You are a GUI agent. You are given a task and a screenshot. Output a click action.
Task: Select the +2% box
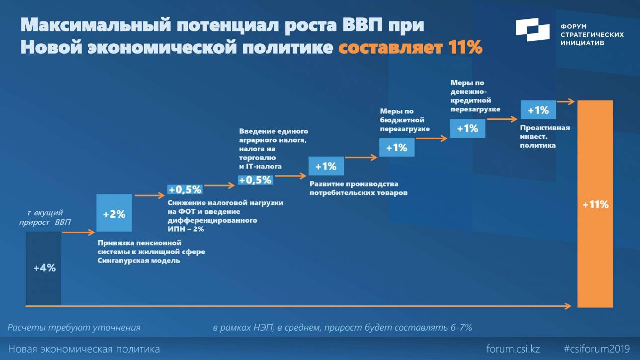pyautogui.click(x=114, y=213)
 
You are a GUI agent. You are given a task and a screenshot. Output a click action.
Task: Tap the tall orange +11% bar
pyautogui.click(x=595, y=204)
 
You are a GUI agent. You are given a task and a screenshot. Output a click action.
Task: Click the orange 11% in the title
pyautogui.click(x=465, y=47)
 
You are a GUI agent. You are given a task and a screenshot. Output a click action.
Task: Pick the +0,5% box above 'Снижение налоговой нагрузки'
pyautogui.click(x=185, y=189)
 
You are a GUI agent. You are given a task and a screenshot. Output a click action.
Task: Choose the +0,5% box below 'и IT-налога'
pyautogui.click(x=255, y=180)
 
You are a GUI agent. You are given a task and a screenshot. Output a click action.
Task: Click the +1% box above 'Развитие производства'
pyautogui.click(x=326, y=166)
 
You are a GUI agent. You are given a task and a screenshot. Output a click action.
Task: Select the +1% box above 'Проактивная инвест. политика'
pyautogui.click(x=538, y=110)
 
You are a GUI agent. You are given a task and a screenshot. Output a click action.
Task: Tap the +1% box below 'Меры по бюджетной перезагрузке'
pyautogui.click(x=397, y=147)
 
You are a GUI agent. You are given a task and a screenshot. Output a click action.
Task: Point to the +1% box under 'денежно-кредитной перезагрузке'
pyautogui.click(x=468, y=128)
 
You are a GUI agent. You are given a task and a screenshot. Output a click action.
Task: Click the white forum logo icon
pyautogui.click(x=533, y=29)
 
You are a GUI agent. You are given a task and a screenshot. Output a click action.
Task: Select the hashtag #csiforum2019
pyautogui.click(x=597, y=349)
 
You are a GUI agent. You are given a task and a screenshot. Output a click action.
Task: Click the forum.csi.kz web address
pyautogui.click(x=513, y=349)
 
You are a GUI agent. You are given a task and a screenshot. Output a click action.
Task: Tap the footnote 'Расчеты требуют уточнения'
pyautogui.click(x=74, y=328)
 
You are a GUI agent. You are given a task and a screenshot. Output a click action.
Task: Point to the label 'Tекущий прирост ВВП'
pyautogui.click(x=45, y=217)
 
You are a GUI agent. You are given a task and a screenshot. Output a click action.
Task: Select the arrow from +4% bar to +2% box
pyautogui.click(x=79, y=233)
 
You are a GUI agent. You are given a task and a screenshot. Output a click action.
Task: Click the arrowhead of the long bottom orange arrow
pyautogui.click(x=568, y=306)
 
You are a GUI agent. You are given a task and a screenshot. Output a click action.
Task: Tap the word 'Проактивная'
pyautogui.click(x=545, y=128)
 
